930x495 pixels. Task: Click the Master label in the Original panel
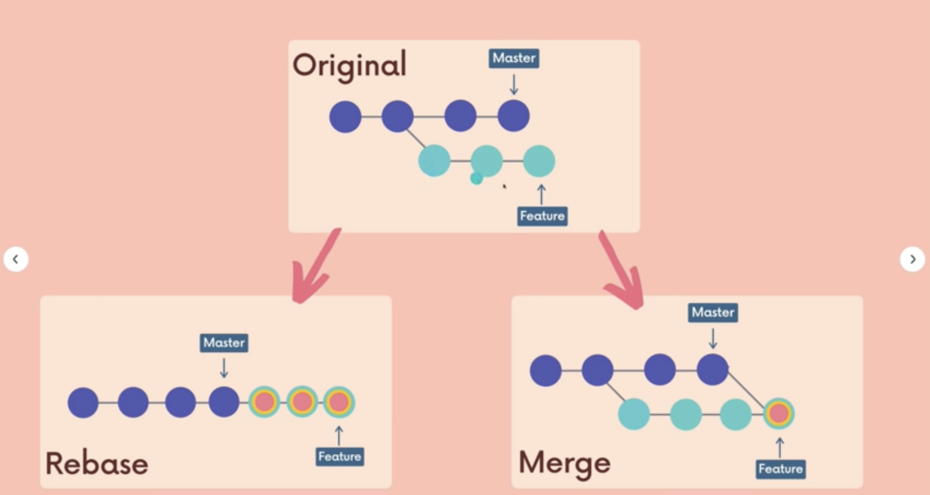[514, 58]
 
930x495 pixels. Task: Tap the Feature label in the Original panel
[542, 217]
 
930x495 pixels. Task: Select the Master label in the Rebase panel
[224, 343]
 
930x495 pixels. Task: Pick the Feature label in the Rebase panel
[340, 456]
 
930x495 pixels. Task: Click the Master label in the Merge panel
[713, 312]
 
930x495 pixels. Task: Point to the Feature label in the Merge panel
[781, 469]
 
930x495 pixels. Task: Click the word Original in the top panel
[350, 66]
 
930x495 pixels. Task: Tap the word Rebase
[96, 463]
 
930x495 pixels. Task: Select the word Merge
[564, 462]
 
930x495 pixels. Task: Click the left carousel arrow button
[15, 259]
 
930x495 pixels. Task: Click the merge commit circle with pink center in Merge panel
[778, 414]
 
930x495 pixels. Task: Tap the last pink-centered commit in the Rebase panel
[339, 401]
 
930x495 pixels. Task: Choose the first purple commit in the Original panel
[345, 116]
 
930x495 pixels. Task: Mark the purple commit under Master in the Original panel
[514, 116]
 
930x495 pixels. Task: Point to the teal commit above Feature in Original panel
[539, 161]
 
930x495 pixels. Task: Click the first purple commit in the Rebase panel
[83, 402]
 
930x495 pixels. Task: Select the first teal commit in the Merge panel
[634, 415]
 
